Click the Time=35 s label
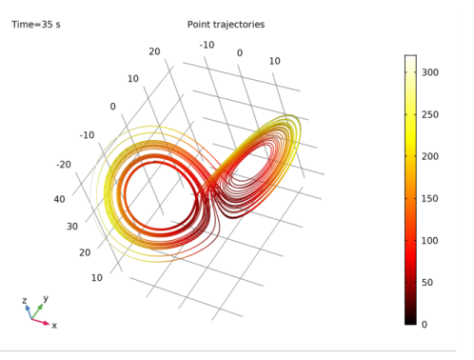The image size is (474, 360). coord(36,24)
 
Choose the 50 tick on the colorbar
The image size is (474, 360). coord(430,283)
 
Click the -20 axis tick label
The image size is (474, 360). coord(64,165)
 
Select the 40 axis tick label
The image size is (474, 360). coord(59,199)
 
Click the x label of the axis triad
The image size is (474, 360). coord(54,326)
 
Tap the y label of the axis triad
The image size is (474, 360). coord(46,298)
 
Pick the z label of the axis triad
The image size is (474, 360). coord(25,300)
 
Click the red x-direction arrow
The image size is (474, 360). coord(42,321)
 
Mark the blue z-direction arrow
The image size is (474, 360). coord(29,310)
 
